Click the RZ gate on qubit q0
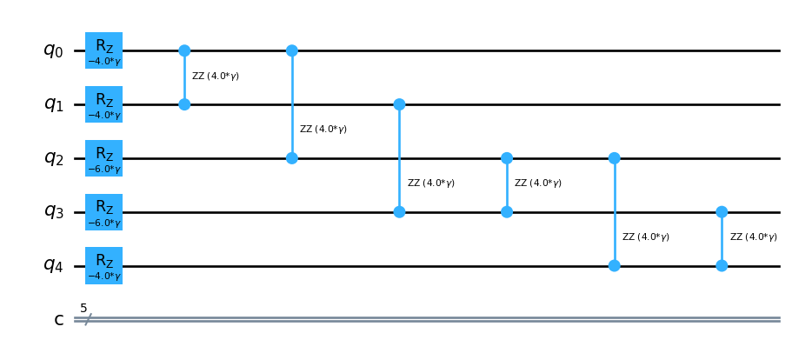pyautogui.click(x=103, y=50)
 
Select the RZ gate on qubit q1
pyautogui.click(x=103, y=104)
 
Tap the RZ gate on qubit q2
pyautogui.click(x=103, y=158)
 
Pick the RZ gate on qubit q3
pyautogui.click(x=103, y=212)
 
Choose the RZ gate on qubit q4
pyautogui.click(x=103, y=265)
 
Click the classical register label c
pyautogui.click(x=59, y=320)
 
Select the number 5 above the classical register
pyautogui.click(x=83, y=308)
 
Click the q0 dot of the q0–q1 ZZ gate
pyautogui.click(x=184, y=50)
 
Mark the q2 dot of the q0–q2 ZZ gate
pyautogui.click(x=292, y=158)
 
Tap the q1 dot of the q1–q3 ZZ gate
pyautogui.click(x=399, y=104)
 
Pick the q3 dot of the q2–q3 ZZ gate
pyautogui.click(x=507, y=212)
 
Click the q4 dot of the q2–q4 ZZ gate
pyautogui.click(x=614, y=265)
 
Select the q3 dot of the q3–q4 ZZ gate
pyautogui.click(x=722, y=212)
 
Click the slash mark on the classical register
pyautogui.click(x=88, y=320)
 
